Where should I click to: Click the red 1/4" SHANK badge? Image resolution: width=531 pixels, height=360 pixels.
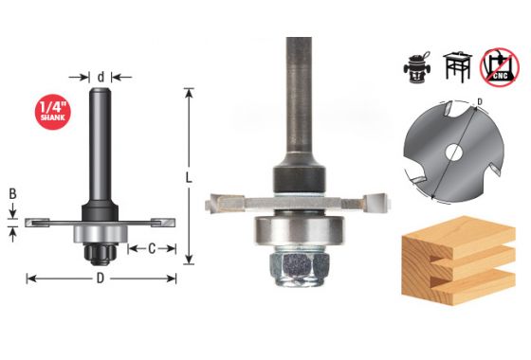[53, 112]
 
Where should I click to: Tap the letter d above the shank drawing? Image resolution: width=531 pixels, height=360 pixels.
[101, 77]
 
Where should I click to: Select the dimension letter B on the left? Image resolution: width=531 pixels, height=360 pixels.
[12, 194]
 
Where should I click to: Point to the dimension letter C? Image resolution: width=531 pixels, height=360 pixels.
[152, 249]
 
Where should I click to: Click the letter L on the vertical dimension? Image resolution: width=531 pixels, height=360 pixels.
[189, 178]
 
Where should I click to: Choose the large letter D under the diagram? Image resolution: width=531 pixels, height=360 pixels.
[101, 279]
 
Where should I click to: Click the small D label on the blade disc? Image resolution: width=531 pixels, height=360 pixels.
[480, 101]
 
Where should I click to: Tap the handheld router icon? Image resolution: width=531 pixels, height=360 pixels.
[417, 68]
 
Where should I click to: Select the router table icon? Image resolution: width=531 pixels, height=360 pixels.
[457, 65]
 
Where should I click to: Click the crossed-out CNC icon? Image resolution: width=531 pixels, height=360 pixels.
[500, 67]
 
